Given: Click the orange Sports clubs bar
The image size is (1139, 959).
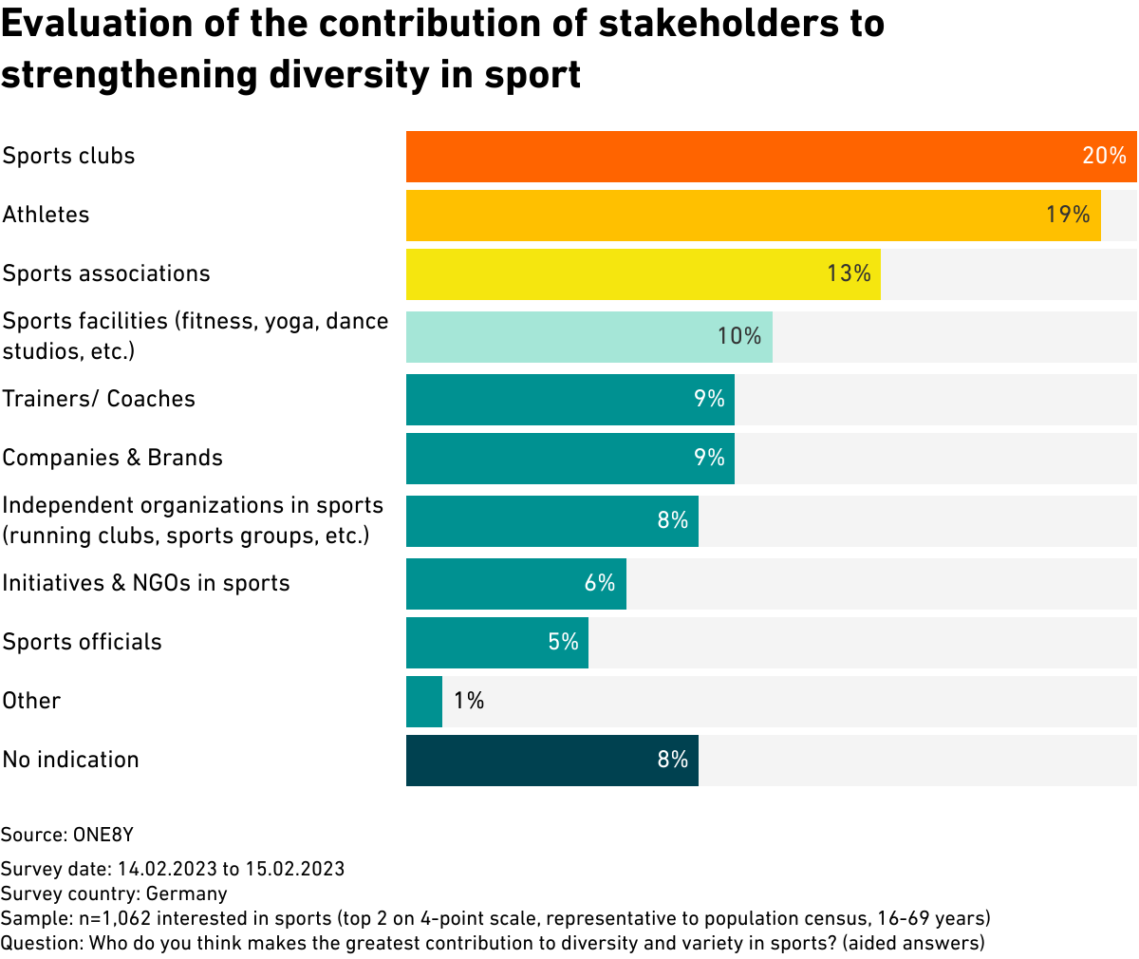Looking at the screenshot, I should pyautogui.click(x=740, y=157).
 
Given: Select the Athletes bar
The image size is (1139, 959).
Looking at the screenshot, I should pyautogui.click(x=721, y=216).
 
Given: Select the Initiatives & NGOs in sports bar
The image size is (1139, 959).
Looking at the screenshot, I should pyautogui.click(x=494, y=584).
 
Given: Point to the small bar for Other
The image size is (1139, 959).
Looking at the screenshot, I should pyautogui.click(x=424, y=702).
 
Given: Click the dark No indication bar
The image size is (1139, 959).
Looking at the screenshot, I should pyautogui.click(x=532, y=761).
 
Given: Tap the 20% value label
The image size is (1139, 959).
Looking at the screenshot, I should pyautogui.click(x=1104, y=157).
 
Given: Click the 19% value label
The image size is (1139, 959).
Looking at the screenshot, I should pyautogui.click(x=1068, y=216).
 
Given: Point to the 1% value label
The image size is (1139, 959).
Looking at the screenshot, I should pyautogui.click(x=469, y=702).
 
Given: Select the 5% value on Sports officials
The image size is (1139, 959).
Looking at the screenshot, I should pyautogui.click(x=563, y=643).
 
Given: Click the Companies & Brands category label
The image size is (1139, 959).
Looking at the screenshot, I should pyautogui.click(x=112, y=459).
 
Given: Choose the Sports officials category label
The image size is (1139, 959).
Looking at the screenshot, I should pyautogui.click(x=82, y=643).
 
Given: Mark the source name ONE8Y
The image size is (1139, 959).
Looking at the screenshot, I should pyautogui.click(x=103, y=836).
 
